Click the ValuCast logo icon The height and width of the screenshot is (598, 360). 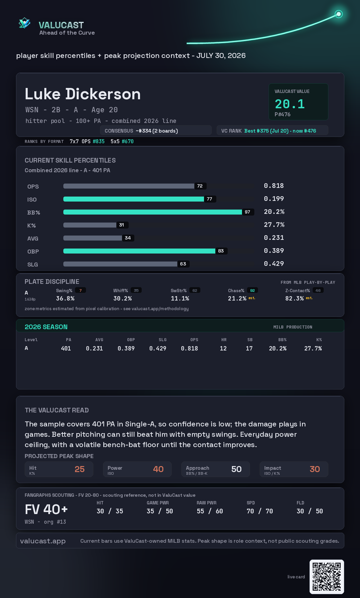click(24, 23)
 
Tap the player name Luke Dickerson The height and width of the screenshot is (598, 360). click(83, 94)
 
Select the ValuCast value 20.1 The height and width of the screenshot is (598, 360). click(290, 104)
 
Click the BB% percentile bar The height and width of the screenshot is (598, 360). click(153, 212)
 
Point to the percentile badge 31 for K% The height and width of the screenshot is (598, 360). click(122, 225)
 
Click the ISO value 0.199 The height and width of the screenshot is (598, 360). click(274, 199)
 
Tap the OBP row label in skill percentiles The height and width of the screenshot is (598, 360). click(33, 252)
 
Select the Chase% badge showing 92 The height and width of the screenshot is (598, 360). click(252, 291)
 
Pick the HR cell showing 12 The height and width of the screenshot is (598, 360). click(223, 348)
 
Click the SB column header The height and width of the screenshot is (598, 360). click(250, 340)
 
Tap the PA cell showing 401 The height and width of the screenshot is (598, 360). click(66, 348)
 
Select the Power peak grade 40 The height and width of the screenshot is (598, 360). click(158, 469)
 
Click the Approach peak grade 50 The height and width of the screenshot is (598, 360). click(236, 469)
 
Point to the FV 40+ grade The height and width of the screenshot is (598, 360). click(46, 509)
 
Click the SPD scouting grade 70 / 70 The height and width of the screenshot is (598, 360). click(260, 511)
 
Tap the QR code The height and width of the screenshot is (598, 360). click(327, 577)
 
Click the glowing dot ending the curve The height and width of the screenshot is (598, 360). click(339, 14)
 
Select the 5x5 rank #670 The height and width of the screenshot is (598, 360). click(128, 141)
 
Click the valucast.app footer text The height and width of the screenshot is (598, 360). click(43, 541)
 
